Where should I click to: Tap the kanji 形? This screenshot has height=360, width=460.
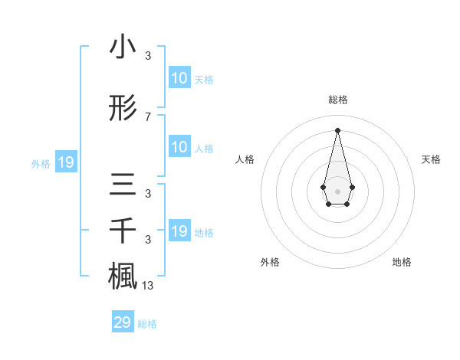[123, 110]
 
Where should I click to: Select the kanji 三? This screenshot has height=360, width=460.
[123, 186]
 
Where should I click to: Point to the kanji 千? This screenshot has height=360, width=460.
[123, 231]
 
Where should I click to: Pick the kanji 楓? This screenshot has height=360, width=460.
[123, 275]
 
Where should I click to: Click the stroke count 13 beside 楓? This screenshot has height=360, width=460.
[149, 286]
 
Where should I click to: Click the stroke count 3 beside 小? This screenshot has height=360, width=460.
[147, 56]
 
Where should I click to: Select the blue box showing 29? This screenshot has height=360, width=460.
[123, 322]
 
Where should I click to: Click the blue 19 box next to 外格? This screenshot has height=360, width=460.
[65, 162]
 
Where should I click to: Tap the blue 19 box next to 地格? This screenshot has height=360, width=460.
[179, 231]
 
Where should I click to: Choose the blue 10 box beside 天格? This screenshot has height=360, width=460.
[179, 78]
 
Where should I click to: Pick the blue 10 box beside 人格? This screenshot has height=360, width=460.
[179, 147]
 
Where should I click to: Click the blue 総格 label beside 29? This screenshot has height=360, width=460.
[147, 324]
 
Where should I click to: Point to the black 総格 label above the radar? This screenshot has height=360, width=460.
[337, 100]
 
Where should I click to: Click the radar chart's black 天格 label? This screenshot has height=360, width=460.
[431, 159]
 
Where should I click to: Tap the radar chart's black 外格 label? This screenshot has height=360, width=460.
[270, 262]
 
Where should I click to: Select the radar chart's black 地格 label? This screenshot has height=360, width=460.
[402, 262]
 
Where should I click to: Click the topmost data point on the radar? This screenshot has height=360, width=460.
[337, 129]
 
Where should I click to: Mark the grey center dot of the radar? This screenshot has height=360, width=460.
[337, 191]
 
